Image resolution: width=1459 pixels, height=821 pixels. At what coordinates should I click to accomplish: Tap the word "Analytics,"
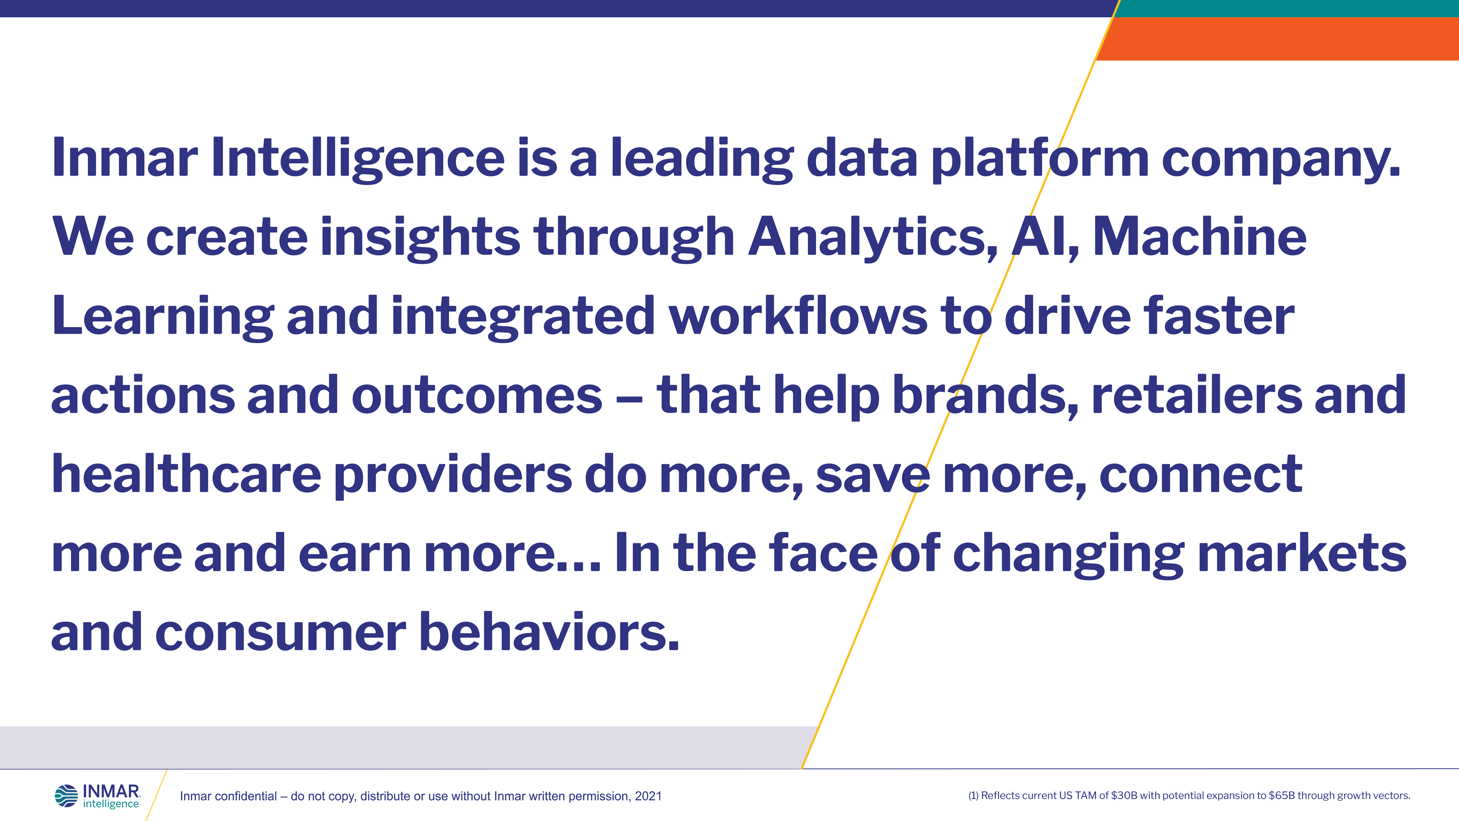point(873,239)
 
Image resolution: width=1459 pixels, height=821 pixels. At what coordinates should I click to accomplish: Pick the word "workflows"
point(799,316)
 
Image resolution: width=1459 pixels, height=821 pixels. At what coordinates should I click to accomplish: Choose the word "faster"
point(1219,316)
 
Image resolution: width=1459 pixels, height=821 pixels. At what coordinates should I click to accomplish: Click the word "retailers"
point(1197,395)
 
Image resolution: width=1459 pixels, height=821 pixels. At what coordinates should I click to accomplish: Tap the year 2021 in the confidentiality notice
point(648,796)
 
